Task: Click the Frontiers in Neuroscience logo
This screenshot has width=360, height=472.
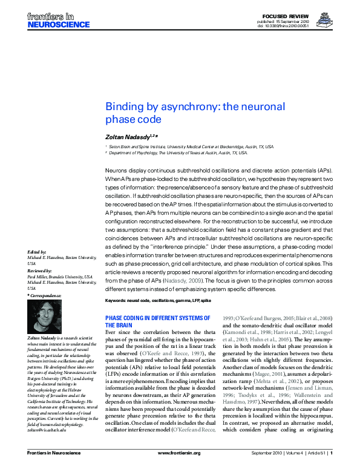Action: [58, 20]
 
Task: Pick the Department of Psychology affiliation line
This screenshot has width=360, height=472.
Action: [178, 153]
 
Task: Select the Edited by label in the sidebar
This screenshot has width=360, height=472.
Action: [38, 251]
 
